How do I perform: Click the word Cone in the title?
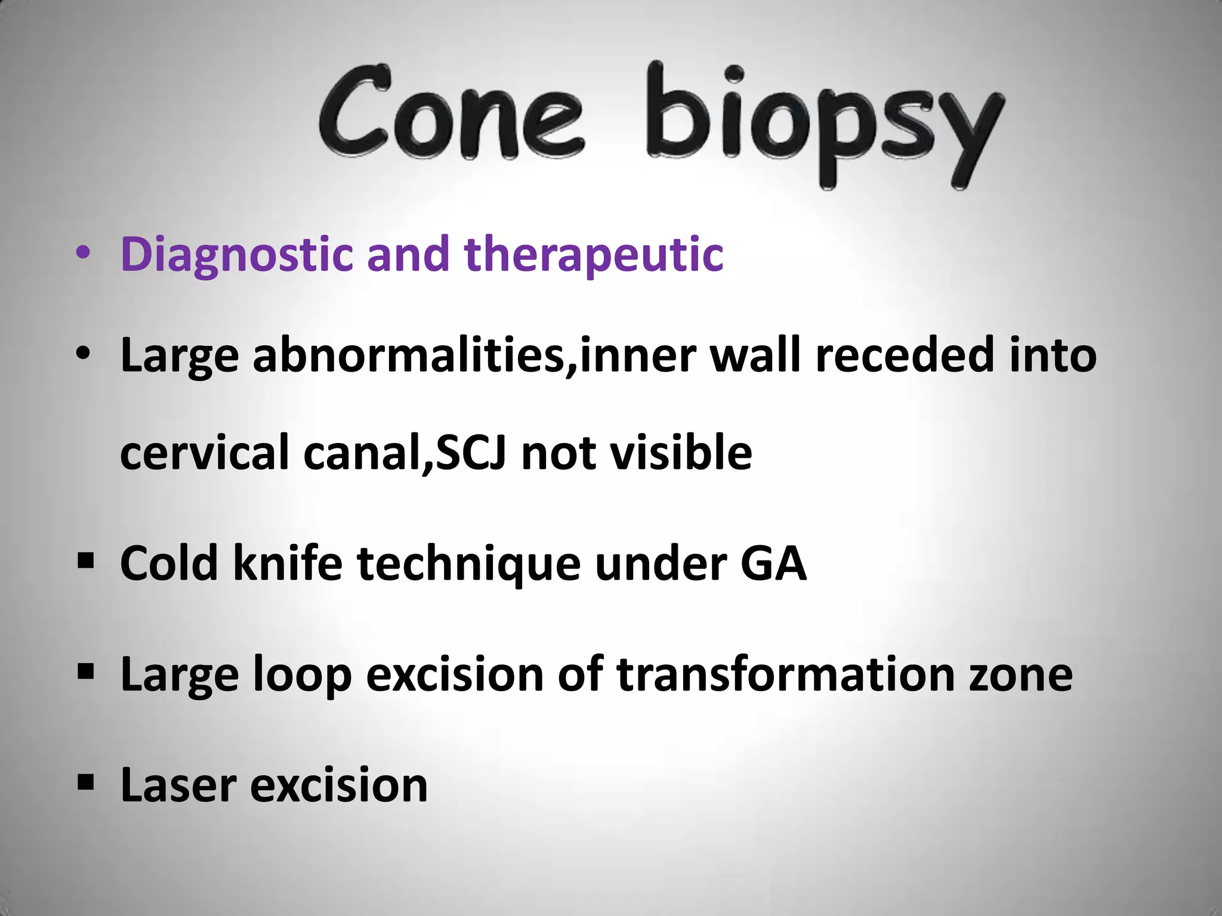click(x=450, y=113)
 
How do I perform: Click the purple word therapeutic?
click(x=594, y=255)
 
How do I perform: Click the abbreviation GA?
click(x=773, y=564)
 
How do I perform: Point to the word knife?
click(x=287, y=564)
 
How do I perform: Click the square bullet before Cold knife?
click(x=86, y=561)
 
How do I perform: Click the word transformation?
click(x=785, y=674)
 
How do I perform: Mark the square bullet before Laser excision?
click(x=86, y=782)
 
